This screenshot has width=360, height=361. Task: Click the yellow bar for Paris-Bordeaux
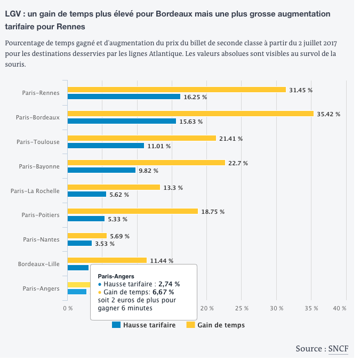point(190,114)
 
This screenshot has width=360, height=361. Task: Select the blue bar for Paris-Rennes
point(124,97)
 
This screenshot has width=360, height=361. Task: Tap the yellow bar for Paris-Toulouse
point(142,138)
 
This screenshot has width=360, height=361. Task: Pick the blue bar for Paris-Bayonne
point(101,170)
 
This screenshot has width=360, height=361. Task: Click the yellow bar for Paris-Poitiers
point(133,211)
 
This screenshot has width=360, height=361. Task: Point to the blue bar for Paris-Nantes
point(79,243)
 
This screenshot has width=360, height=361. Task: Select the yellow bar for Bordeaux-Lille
point(107,260)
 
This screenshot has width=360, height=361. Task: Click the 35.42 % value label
point(328,114)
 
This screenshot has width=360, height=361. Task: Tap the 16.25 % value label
point(195,97)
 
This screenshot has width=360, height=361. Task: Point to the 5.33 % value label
point(117,219)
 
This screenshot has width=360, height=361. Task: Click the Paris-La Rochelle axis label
point(35,190)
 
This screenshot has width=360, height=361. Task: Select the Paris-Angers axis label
point(41,288)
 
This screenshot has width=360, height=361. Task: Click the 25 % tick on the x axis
point(242,308)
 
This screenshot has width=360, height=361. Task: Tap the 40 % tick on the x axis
point(340,308)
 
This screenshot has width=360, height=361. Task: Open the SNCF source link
point(338,349)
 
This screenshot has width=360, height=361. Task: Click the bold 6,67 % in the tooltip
point(163,292)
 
